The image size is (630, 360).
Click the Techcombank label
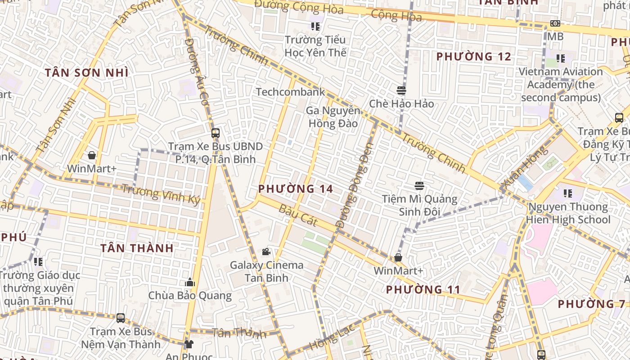(x=290, y=92)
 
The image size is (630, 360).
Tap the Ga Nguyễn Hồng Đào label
(x=333, y=117)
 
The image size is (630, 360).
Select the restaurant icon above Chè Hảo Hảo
(x=401, y=90)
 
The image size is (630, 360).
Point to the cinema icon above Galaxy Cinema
(x=266, y=252)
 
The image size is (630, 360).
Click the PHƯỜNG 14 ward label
(x=296, y=189)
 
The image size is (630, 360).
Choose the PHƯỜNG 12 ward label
(x=474, y=57)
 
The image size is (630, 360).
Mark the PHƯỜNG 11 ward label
(x=423, y=289)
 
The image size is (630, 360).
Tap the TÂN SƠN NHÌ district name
(x=86, y=73)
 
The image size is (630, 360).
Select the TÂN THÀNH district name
(x=137, y=248)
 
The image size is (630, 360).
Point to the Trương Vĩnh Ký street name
(x=161, y=194)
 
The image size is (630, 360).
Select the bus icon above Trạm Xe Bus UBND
(x=215, y=133)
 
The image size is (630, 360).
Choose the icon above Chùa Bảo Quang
(x=190, y=283)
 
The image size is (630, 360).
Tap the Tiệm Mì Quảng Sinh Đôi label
(x=419, y=205)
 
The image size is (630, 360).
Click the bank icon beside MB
(x=555, y=23)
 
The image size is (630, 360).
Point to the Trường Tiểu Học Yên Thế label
(x=315, y=46)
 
